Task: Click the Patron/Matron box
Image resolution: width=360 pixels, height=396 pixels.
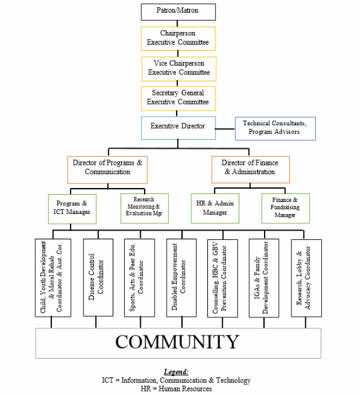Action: click(x=179, y=12)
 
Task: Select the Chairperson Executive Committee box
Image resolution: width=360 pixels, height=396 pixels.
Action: click(x=179, y=39)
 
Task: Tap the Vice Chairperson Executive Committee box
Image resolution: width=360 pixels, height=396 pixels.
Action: click(x=179, y=69)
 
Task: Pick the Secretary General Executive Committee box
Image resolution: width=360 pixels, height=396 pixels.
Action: click(x=179, y=99)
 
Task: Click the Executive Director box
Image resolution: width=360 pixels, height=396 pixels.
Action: click(x=179, y=128)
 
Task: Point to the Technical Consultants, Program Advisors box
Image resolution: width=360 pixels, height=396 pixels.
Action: click(x=275, y=129)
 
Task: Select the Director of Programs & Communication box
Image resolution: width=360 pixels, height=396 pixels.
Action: click(x=107, y=170)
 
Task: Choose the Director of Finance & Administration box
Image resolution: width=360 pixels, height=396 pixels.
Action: click(x=251, y=169)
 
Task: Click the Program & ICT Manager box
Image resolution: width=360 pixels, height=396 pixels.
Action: click(x=72, y=209)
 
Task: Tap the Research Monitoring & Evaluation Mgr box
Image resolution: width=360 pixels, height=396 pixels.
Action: click(x=145, y=209)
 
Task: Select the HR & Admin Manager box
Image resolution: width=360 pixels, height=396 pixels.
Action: click(x=215, y=209)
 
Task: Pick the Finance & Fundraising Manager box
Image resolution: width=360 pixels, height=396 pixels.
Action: click(x=285, y=209)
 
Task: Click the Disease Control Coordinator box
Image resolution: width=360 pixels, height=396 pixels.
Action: click(x=98, y=277)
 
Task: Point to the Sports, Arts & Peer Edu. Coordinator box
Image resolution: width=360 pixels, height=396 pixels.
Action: click(x=139, y=278)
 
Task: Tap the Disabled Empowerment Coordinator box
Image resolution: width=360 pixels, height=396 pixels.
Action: click(x=181, y=278)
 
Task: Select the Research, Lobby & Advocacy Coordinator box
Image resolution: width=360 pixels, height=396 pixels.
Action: click(x=307, y=278)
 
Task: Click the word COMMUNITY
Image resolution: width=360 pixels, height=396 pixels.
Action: click(x=177, y=342)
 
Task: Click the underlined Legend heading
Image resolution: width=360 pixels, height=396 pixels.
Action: click(x=177, y=372)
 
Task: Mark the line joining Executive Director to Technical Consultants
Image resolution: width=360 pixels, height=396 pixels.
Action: click(x=225, y=129)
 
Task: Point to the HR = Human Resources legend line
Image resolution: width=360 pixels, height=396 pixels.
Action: click(x=177, y=389)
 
